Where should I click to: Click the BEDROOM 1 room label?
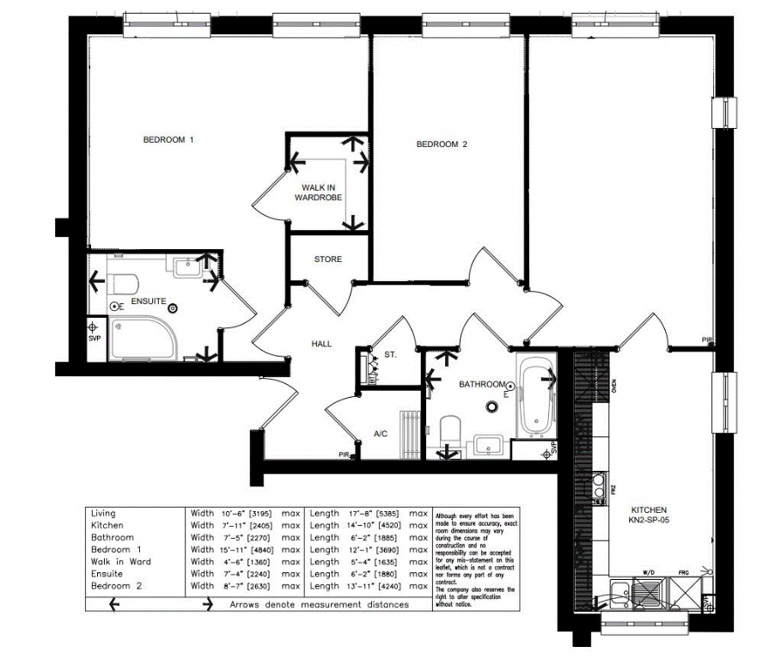[168, 139]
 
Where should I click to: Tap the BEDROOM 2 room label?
[442, 144]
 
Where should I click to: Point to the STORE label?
[327, 259]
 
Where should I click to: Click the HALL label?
[321, 344]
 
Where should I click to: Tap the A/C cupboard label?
[380, 434]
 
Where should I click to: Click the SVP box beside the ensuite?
[95, 331]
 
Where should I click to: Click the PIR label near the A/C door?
[344, 455]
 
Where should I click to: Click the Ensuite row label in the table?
[107, 573]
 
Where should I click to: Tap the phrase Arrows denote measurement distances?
[319, 604]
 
